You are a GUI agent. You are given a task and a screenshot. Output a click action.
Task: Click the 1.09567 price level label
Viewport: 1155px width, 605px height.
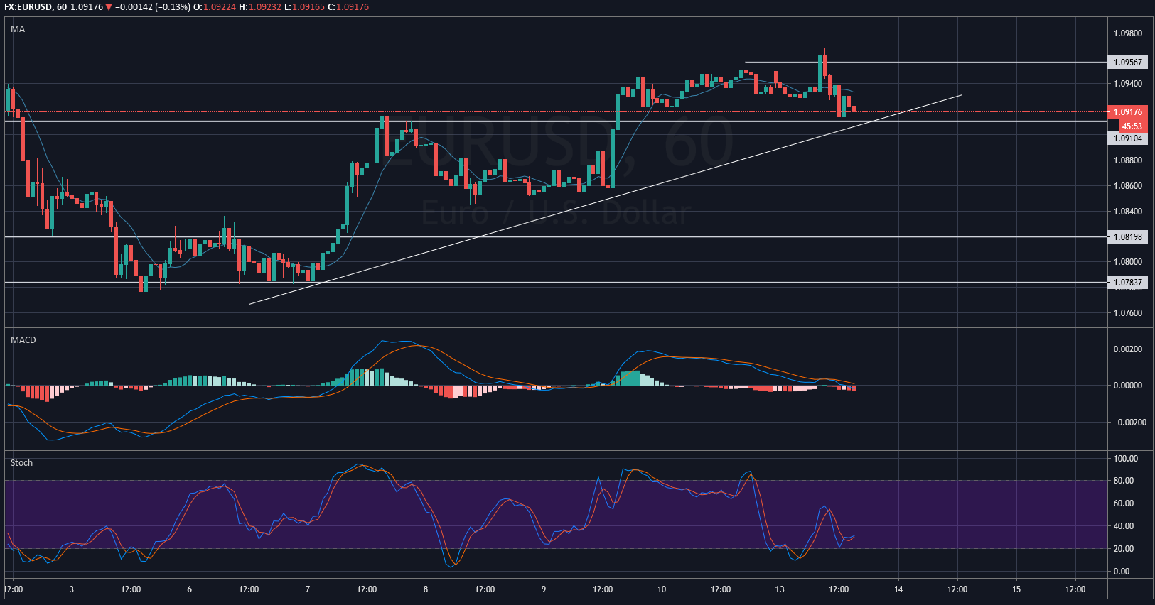pos(1128,62)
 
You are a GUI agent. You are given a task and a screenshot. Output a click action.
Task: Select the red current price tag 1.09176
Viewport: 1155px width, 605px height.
pos(1128,112)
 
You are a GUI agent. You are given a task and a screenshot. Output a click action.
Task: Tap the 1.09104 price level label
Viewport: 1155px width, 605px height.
pos(1128,138)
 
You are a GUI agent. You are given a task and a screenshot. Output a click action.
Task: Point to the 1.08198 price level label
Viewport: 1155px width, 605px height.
pos(1128,237)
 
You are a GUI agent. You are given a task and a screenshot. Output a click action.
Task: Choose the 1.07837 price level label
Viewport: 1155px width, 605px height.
pos(1128,283)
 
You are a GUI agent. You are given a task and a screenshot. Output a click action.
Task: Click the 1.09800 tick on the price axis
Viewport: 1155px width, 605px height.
pos(1128,33)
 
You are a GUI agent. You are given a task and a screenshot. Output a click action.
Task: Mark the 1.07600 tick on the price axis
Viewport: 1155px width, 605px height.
pos(1128,313)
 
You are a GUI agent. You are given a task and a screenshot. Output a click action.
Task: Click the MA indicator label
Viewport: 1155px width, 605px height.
pos(18,29)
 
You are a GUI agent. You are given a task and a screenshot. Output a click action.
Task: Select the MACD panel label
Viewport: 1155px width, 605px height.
pos(23,340)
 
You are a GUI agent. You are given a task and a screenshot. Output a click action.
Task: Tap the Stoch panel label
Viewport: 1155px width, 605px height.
pos(21,463)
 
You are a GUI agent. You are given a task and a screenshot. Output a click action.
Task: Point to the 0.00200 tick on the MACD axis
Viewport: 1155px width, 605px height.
pos(1128,349)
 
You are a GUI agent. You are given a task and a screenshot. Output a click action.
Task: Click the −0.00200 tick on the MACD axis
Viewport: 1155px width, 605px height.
pos(1128,423)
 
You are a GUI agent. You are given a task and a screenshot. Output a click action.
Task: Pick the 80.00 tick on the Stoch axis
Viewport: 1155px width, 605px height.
pos(1124,481)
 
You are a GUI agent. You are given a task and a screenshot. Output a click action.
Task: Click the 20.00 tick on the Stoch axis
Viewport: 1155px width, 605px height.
pos(1124,549)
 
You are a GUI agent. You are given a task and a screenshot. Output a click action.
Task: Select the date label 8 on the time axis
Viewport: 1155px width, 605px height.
pos(426,589)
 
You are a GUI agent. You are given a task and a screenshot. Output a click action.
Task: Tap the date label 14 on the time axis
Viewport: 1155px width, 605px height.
pos(898,589)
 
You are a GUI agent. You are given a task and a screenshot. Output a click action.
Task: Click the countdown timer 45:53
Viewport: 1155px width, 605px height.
pos(1132,126)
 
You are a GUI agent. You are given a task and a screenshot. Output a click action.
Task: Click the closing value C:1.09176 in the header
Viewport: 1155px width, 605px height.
pos(348,7)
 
